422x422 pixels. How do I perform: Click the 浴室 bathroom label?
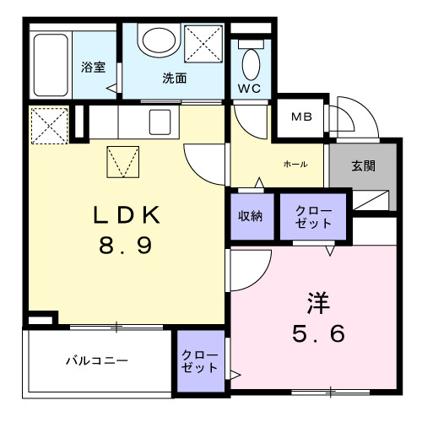(93, 68)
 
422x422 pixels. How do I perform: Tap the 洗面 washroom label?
(175, 78)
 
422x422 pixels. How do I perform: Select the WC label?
(250, 89)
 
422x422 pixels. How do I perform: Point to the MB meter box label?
(300, 117)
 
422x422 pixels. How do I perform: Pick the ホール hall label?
(295, 164)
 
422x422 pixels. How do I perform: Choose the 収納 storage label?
(250, 216)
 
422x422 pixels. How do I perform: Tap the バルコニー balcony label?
(98, 361)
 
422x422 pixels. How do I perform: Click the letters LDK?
(127, 216)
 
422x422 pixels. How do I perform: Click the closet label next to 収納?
(313, 217)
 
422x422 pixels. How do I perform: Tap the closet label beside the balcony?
(200, 361)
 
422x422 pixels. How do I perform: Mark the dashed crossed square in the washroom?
(204, 43)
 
